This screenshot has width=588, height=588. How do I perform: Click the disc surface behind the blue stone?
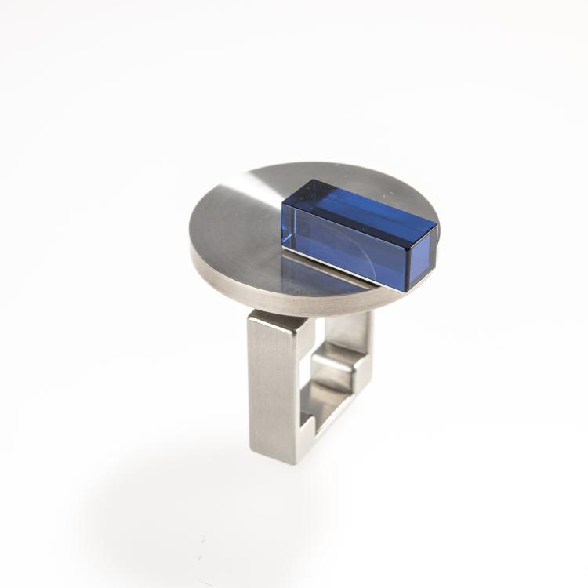click(368, 176)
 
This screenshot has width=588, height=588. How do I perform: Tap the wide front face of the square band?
click(272, 384)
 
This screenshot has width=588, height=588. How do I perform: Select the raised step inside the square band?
click(333, 368)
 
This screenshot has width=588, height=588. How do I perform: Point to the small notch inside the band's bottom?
click(310, 427)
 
